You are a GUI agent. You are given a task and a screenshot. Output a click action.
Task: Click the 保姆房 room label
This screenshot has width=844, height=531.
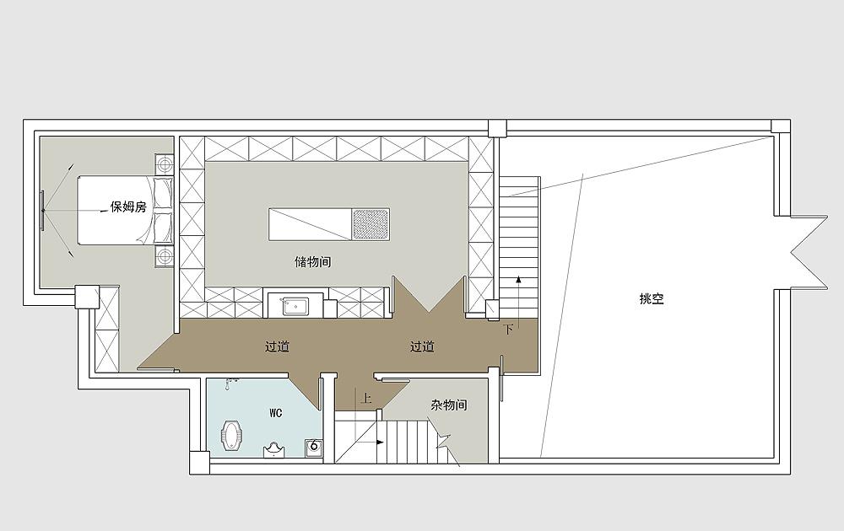(128, 206)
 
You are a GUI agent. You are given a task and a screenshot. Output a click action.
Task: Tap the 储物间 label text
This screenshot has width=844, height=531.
(313, 262)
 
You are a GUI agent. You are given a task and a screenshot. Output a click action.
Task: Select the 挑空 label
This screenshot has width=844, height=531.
(652, 299)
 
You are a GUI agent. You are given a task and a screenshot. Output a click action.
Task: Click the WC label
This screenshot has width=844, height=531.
(276, 413)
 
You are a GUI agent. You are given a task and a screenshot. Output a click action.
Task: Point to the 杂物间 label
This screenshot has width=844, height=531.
(449, 405)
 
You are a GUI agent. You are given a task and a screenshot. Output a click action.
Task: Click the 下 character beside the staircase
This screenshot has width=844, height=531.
(508, 330)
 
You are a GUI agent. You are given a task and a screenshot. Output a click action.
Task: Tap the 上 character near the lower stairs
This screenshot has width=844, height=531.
(366, 398)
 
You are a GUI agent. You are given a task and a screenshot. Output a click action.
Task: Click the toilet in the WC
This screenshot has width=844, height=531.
(233, 435)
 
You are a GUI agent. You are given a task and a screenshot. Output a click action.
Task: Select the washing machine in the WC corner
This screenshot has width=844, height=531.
(314, 448)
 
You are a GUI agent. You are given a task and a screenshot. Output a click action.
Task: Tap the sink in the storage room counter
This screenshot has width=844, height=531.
(295, 307)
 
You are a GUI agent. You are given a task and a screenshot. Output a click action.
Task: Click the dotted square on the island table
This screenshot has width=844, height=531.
(371, 224)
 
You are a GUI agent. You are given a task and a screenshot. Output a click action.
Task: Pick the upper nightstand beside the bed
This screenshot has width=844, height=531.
(165, 163)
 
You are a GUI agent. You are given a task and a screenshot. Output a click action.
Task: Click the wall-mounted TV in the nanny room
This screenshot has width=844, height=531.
(42, 210)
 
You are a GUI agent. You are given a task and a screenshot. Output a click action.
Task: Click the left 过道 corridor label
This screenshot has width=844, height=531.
(277, 346)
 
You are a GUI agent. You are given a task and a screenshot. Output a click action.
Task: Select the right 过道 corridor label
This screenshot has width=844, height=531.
(422, 346)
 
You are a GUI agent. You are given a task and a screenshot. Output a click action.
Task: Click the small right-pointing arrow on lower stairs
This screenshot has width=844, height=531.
(380, 442)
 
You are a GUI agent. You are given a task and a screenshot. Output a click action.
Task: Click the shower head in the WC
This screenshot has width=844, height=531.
(232, 383)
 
